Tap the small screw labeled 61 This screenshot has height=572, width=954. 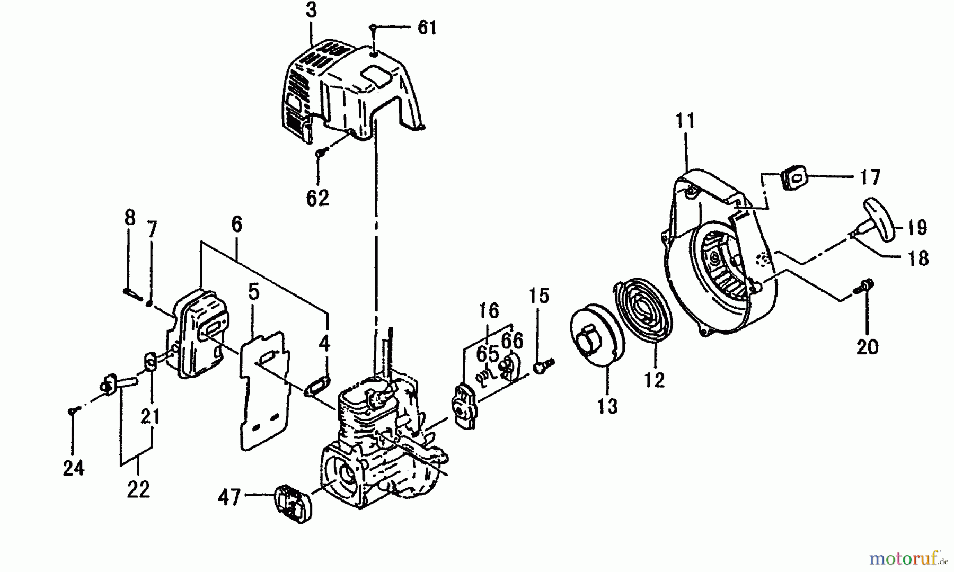point(374,26)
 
